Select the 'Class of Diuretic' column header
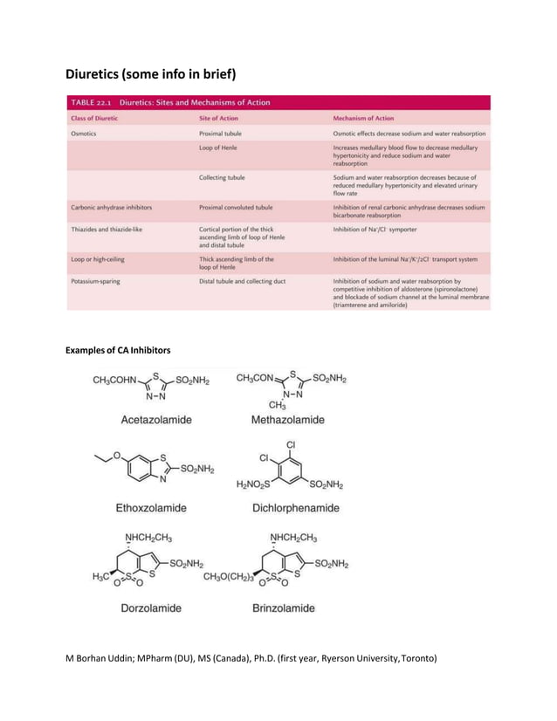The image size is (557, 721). pos(94,118)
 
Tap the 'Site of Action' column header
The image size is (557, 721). pos(220,118)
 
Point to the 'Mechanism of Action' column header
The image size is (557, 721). pos(364,118)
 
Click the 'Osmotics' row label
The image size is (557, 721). pos(86,134)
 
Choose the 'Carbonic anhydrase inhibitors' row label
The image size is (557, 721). pos(111,208)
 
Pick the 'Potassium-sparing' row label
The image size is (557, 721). pos(96,282)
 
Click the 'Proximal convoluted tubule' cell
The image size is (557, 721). pos(236,208)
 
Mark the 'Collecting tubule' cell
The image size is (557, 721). pos(222,178)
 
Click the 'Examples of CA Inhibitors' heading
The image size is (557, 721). pos(118,350)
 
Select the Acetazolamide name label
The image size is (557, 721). pos(157,420)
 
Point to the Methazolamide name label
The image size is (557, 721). pos(287,420)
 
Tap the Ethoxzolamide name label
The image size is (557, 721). pos(151,506)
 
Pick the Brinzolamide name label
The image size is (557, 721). pos(282,608)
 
